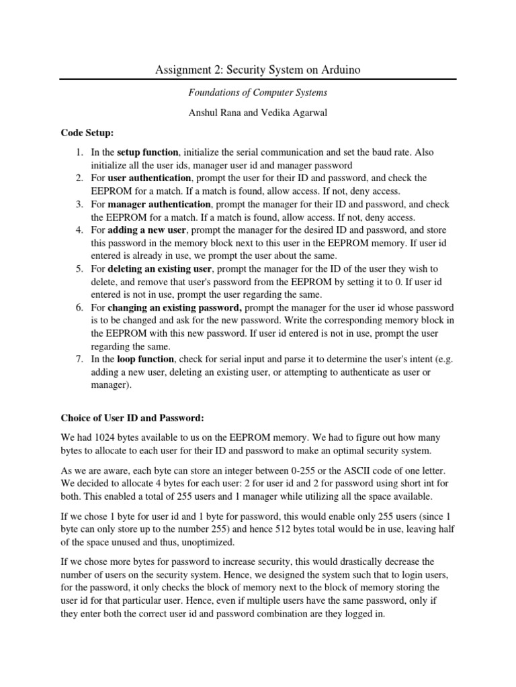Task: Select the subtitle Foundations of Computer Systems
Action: [257, 94]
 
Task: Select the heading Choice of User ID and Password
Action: [132, 417]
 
